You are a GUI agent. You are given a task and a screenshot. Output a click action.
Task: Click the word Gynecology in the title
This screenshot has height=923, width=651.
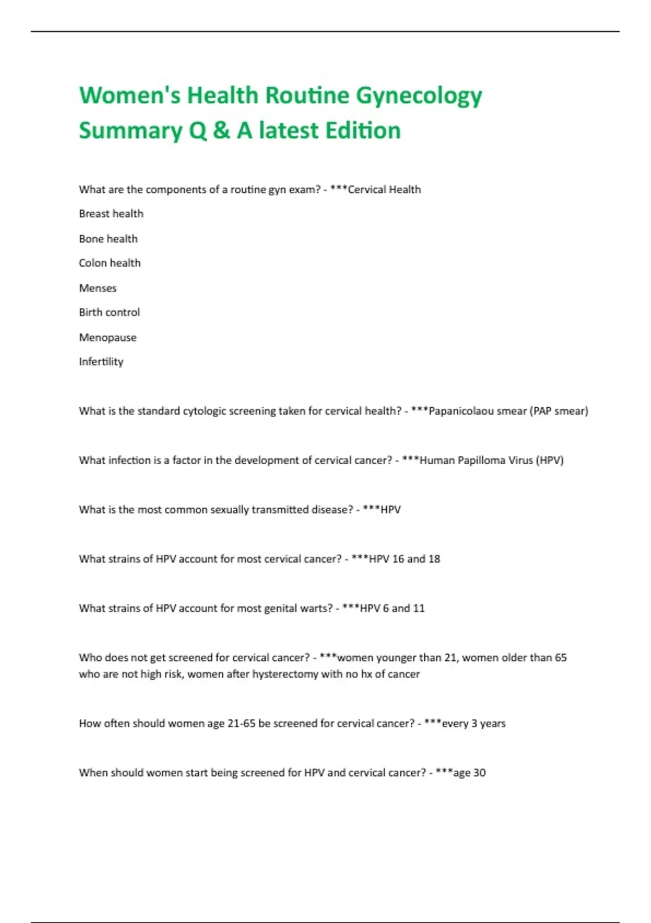[x=419, y=96]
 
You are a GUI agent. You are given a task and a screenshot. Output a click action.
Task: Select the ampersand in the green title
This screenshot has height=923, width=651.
[x=221, y=131]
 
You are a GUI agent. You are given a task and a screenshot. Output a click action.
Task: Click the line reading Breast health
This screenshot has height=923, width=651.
[x=111, y=214]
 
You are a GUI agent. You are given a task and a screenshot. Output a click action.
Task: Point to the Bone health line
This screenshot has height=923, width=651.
[x=108, y=239]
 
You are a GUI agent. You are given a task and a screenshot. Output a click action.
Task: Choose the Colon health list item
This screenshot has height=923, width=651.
[x=110, y=263]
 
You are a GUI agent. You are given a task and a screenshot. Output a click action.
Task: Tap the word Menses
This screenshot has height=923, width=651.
[x=98, y=288]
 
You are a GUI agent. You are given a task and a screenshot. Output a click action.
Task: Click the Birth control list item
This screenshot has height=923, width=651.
[x=109, y=313]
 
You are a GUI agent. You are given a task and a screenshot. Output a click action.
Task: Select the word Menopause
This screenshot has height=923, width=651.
[x=107, y=338]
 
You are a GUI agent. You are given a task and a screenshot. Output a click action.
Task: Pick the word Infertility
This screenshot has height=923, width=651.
[x=101, y=362]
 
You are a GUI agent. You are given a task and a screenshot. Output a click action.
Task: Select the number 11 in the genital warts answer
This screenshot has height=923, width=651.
[x=419, y=609]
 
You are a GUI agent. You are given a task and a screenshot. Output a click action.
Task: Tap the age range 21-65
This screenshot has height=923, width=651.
[x=241, y=724]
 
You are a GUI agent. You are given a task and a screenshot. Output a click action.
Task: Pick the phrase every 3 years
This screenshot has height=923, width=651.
[x=474, y=724]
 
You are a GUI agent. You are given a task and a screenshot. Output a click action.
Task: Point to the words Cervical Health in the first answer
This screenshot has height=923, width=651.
[x=384, y=189]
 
